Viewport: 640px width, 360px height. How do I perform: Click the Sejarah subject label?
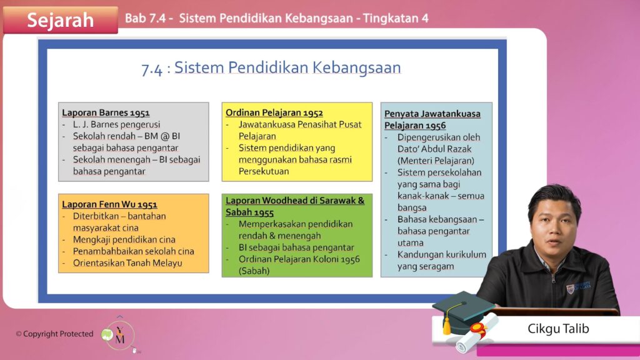pos(61,20)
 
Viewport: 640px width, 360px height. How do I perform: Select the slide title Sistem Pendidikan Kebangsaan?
pos(287,67)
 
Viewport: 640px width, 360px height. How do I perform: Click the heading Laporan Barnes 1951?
pos(106,112)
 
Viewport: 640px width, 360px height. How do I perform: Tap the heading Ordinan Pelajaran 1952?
pos(274,112)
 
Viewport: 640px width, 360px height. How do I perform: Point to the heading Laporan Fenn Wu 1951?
pos(109,204)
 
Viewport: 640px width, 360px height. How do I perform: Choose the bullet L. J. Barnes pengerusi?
pos(116,124)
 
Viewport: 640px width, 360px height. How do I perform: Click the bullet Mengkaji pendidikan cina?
pos(124,239)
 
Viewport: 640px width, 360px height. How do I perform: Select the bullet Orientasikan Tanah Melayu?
pos(127,263)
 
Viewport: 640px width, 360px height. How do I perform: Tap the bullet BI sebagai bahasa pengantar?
pos(296,247)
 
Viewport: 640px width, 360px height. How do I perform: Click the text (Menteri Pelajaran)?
pos(436,161)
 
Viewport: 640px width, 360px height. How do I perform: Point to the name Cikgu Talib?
pos(558,329)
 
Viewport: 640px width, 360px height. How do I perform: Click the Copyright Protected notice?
pos(55,334)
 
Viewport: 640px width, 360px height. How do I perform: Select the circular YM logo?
pos(119,335)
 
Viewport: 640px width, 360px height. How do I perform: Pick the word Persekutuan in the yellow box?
pos(264,171)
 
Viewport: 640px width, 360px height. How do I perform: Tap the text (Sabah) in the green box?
pos(254,271)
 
